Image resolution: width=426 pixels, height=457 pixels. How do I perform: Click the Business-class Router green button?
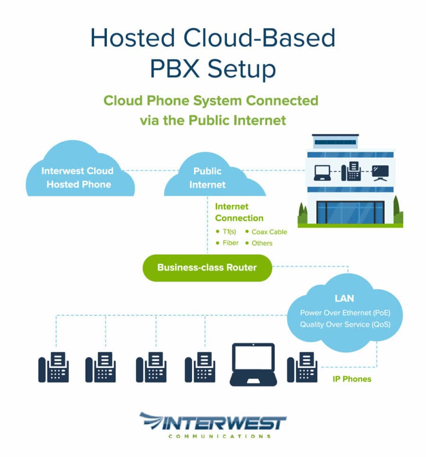(207, 268)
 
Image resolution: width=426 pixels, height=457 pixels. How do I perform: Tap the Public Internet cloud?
(207, 178)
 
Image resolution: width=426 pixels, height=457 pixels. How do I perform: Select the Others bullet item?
(262, 243)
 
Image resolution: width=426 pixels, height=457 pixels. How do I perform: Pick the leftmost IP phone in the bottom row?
(53, 367)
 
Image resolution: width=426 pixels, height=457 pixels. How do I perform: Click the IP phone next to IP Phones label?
(302, 367)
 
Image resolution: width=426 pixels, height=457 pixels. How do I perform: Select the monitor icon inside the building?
(380, 172)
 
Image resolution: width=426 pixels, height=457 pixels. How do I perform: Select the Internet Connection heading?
(239, 212)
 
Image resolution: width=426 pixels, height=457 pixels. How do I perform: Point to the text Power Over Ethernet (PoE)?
(345, 313)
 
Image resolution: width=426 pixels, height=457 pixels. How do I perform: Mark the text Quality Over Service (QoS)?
(345, 324)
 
